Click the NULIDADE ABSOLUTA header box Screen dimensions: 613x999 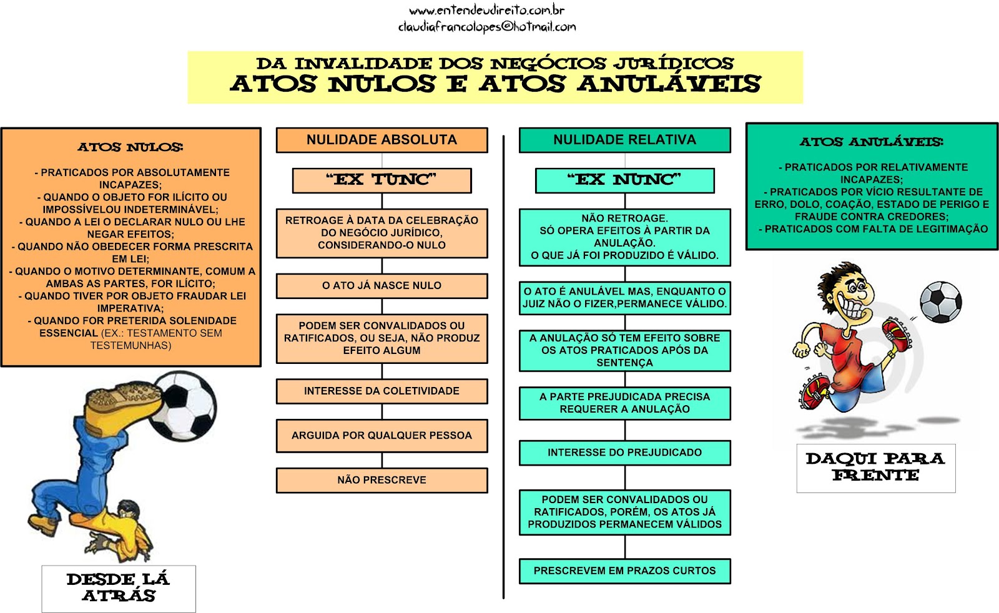pos(381,140)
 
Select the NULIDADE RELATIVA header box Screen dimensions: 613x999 pos(624,140)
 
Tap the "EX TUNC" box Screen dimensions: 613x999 pos(381,180)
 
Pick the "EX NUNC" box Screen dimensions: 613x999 pos(624,180)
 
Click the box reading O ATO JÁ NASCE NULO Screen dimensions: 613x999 pos(381,286)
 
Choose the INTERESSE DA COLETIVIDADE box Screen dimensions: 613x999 pos(381,391)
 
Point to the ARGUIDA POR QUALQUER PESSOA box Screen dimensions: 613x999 pos(381,436)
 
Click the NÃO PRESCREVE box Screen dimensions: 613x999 pos(381,480)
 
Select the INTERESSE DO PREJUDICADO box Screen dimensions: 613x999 pos(624,453)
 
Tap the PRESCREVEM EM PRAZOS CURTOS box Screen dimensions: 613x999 pos(624,571)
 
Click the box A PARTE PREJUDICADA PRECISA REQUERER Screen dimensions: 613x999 pos(624,403)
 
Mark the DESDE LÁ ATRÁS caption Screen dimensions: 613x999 pos(119,588)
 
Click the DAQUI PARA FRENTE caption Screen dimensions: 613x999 pos(875,468)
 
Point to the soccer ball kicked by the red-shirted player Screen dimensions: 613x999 pos(940,302)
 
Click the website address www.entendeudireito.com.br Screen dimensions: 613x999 pos(486,11)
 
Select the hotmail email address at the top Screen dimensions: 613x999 pos(486,27)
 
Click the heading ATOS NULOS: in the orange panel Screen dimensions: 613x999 pos(130,147)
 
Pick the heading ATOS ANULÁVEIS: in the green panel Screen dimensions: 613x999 pos(872,142)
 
